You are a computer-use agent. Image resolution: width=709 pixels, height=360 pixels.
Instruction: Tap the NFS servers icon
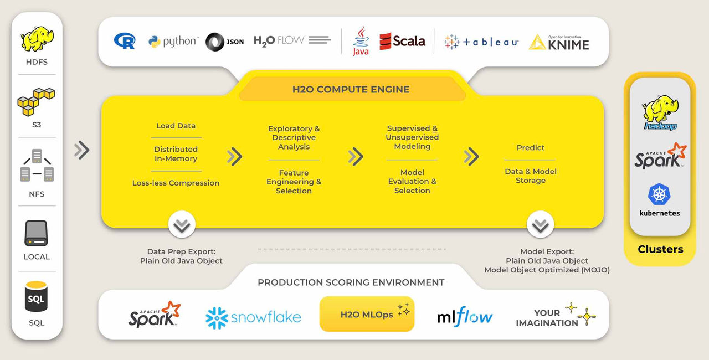point(37,166)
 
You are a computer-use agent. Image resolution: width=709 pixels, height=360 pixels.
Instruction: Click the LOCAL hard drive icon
point(37,233)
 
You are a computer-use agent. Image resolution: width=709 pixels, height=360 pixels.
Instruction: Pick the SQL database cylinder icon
point(37,298)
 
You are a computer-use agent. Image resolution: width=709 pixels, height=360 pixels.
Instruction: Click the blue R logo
point(125,41)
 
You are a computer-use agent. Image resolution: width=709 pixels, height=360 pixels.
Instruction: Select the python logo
point(173,42)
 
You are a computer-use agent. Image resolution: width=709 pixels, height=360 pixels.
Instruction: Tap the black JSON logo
point(224,42)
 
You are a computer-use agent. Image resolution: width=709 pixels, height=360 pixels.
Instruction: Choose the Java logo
point(361,41)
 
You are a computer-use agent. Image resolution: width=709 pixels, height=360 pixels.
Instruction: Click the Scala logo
point(403,41)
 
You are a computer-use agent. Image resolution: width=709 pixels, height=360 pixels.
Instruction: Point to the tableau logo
point(481,42)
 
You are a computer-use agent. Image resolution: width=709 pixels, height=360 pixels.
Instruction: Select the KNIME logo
point(559,43)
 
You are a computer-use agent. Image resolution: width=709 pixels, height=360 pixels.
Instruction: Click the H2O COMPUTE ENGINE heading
point(351,89)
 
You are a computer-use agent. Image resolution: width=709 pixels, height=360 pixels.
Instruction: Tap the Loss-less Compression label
point(176,183)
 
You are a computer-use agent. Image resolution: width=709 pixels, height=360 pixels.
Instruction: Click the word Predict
point(531,147)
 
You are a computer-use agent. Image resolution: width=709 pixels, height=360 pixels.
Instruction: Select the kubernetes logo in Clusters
point(660,200)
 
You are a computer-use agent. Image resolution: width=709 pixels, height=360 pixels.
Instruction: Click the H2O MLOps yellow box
point(367,314)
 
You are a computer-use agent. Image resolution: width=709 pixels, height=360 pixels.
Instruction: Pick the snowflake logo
point(253,317)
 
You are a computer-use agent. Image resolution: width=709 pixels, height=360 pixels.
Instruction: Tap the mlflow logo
point(465,317)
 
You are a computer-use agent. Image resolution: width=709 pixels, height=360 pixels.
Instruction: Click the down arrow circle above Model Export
point(540,225)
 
